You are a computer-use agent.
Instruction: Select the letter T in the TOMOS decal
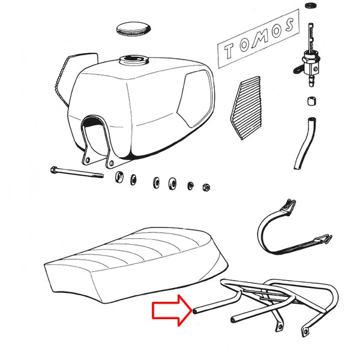click(229, 50)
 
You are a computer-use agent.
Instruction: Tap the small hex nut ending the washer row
click(206, 188)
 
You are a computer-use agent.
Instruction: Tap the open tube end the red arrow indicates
click(196, 311)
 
